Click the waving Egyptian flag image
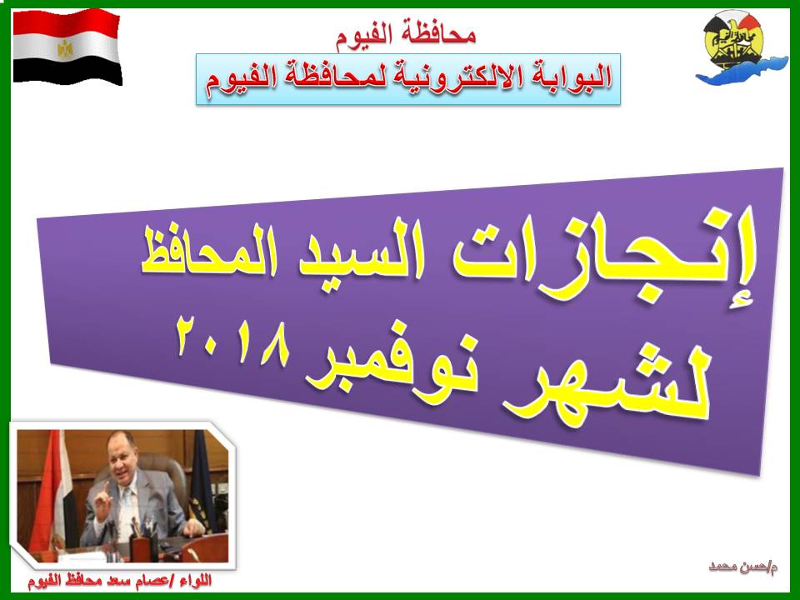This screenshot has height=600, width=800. click(x=67, y=47)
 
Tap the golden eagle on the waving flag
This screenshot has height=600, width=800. click(x=65, y=49)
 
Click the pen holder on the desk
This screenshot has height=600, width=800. click(x=141, y=546)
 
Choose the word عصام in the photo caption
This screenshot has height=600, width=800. click(x=152, y=582)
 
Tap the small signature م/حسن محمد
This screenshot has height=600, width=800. click(x=742, y=567)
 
